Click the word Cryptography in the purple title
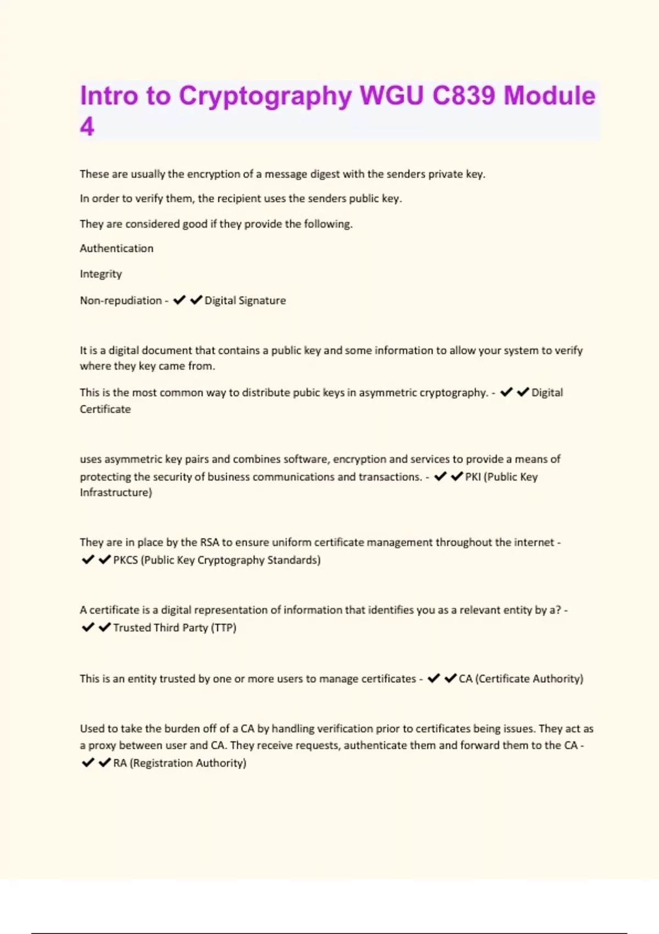[x=265, y=96]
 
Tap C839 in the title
[x=464, y=96]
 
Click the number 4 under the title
[x=87, y=127]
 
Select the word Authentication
[x=116, y=248]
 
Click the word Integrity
[x=100, y=274]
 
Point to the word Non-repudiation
[x=121, y=301]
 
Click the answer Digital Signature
[x=245, y=301]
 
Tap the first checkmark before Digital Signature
[x=179, y=300]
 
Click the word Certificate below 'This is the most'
[x=105, y=409]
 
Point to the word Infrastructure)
[x=116, y=492]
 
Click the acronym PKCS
[x=125, y=560]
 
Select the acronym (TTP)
[x=224, y=627]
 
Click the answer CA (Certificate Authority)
[x=521, y=679]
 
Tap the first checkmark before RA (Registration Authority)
[x=87, y=763]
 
